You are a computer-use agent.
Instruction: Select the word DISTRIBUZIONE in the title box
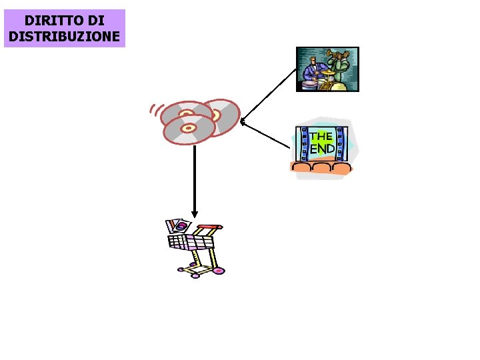[x=65, y=35]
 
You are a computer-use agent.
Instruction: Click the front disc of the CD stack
[x=189, y=128]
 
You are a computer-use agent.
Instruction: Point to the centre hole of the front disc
[x=189, y=127]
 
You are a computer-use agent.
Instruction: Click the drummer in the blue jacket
[x=311, y=70]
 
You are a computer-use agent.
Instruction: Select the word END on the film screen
[x=323, y=149]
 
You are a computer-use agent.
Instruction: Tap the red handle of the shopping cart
[x=209, y=227]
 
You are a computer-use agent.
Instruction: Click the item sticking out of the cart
[x=178, y=225]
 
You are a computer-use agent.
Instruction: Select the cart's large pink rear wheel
[x=217, y=271]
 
